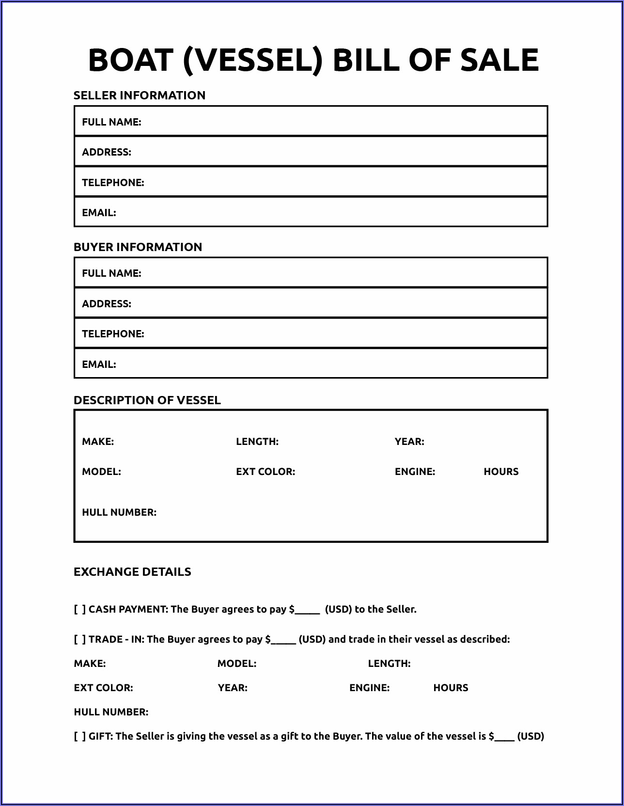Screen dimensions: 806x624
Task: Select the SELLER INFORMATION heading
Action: pyautogui.click(x=140, y=95)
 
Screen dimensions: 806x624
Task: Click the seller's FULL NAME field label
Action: pyautogui.click(x=111, y=122)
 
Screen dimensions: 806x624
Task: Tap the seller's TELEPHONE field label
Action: pyautogui.click(x=113, y=183)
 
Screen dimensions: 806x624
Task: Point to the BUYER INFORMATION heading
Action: pyautogui.click(x=138, y=247)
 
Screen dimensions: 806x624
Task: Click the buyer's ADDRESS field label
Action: pyautogui.click(x=107, y=304)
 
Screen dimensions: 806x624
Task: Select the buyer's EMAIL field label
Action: pyautogui.click(x=99, y=364)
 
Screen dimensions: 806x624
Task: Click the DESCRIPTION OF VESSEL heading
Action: pyautogui.click(x=147, y=400)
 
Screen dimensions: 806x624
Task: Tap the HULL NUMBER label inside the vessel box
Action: pyautogui.click(x=119, y=512)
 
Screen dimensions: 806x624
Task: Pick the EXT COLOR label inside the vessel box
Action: pyautogui.click(x=265, y=472)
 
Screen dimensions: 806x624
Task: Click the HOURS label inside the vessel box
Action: pyautogui.click(x=501, y=472)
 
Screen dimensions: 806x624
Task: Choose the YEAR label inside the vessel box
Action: pyautogui.click(x=409, y=442)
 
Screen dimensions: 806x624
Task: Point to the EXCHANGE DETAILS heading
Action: pyautogui.click(x=132, y=572)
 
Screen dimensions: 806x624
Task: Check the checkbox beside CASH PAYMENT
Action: pyautogui.click(x=80, y=609)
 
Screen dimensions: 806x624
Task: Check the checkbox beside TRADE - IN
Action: pyautogui.click(x=80, y=639)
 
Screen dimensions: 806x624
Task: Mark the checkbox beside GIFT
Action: pyautogui.click(x=80, y=736)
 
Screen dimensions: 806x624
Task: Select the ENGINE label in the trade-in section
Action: pyautogui.click(x=369, y=688)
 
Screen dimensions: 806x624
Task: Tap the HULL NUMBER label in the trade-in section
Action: pyautogui.click(x=111, y=712)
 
